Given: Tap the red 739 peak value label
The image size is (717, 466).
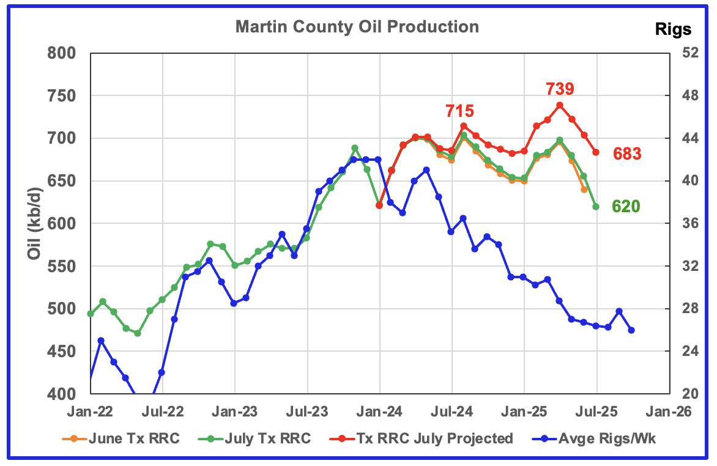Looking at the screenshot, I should point(560,89).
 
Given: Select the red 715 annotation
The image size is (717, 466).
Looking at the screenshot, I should point(459,111).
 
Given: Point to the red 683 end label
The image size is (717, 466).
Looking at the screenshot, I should point(627,154).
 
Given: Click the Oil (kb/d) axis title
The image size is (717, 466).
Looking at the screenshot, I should point(35,223).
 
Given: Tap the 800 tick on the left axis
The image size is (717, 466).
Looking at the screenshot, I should point(62,53).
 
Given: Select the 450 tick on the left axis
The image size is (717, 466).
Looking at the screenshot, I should point(62,352).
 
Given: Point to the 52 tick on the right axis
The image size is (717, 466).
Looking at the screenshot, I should point(686,53).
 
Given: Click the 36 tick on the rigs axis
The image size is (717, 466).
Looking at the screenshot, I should point(686,224).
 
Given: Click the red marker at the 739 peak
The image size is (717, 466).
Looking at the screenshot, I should point(560,105).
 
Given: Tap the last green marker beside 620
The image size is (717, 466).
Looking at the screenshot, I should point(596,207).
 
